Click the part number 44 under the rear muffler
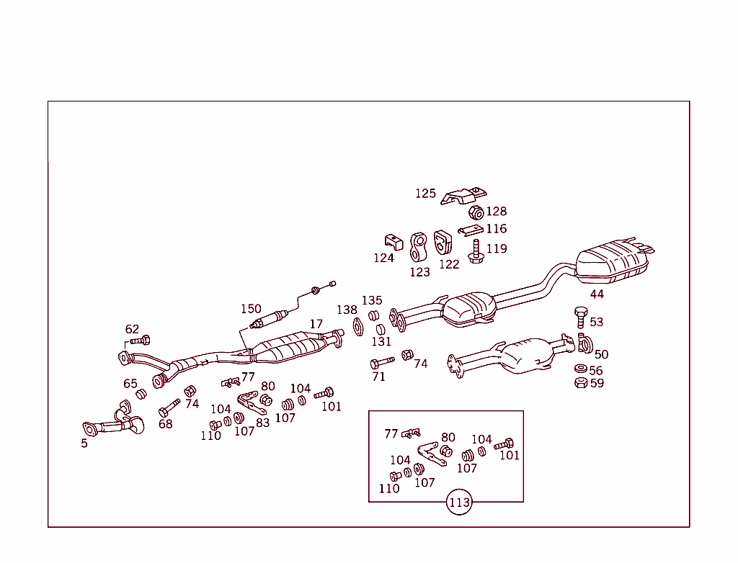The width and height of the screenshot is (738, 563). pyautogui.click(x=597, y=294)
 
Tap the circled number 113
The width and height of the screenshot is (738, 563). pyautogui.click(x=459, y=503)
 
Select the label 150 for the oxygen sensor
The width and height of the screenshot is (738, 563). pyautogui.click(x=251, y=309)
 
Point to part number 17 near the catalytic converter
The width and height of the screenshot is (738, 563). pyautogui.click(x=316, y=325)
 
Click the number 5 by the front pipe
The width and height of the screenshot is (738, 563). pyautogui.click(x=84, y=443)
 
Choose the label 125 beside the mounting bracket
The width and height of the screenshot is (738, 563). pyautogui.click(x=425, y=194)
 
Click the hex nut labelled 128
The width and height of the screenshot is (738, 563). pyautogui.click(x=476, y=212)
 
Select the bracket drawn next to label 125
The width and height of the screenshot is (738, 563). pyautogui.click(x=464, y=195)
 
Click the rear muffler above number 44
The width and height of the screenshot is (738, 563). pyautogui.click(x=614, y=261)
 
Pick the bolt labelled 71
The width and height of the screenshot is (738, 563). pyautogui.click(x=381, y=363)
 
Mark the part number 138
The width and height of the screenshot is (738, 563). pyautogui.click(x=347, y=310)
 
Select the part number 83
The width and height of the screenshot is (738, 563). pyautogui.click(x=262, y=423)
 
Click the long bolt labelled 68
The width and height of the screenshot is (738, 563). pyautogui.click(x=169, y=407)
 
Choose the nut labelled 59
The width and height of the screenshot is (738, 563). pyautogui.click(x=579, y=383)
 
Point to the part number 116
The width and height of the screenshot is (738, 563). pyautogui.click(x=496, y=229)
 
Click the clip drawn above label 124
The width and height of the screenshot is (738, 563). pyautogui.click(x=392, y=241)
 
